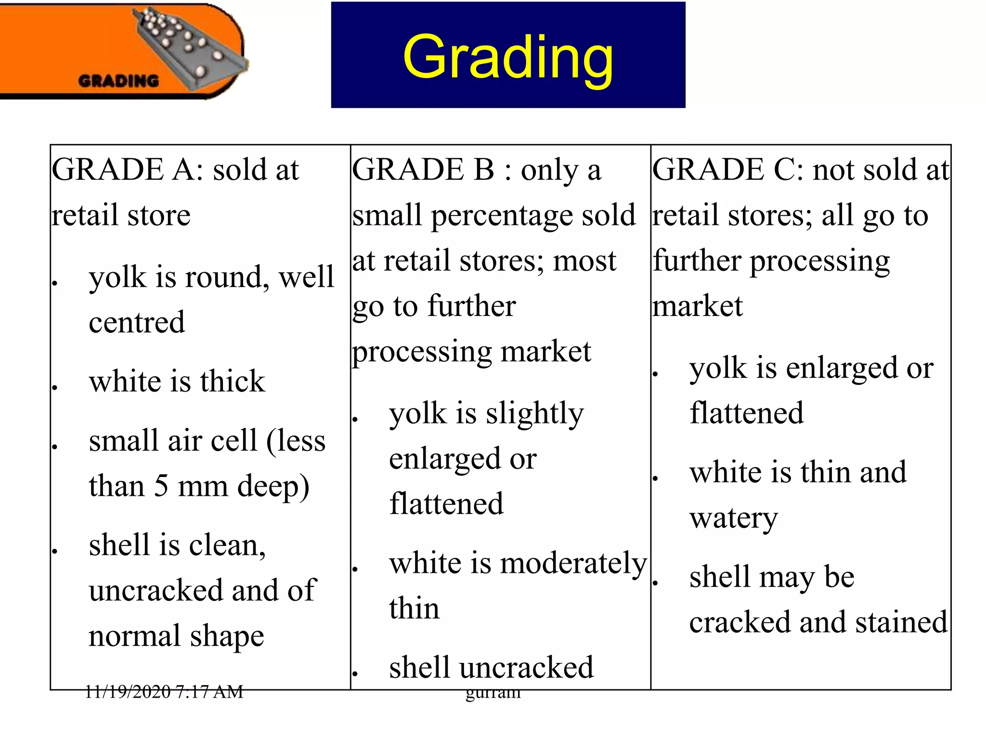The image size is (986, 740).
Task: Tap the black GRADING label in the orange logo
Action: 118,80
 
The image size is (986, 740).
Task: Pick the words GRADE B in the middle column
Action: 423,170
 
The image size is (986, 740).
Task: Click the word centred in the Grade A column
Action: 137,322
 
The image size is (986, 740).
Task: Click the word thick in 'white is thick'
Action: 233,382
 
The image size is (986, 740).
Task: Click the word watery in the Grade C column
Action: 733,519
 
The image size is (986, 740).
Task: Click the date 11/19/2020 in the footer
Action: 128,692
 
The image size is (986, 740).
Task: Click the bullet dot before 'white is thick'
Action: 55,387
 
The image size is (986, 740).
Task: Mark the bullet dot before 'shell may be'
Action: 655,583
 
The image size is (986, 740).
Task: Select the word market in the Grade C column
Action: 698,306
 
